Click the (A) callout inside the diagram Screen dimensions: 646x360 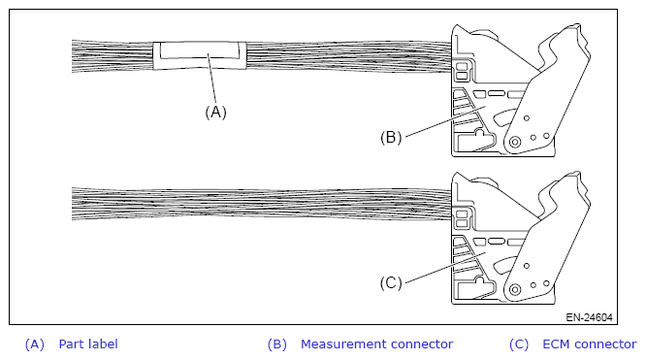coord(216,112)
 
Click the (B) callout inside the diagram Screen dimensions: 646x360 coord(391,138)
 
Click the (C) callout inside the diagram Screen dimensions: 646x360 coord(391,283)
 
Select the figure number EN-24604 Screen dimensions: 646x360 coord(589,317)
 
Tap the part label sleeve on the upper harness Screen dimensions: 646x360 coord(200,55)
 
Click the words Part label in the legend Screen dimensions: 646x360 coord(88,344)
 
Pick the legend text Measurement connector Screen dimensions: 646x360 coord(376,344)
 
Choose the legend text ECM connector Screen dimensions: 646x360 coord(590,344)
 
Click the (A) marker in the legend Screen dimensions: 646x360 coord(35,344)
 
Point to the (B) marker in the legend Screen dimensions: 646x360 coord(276,344)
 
